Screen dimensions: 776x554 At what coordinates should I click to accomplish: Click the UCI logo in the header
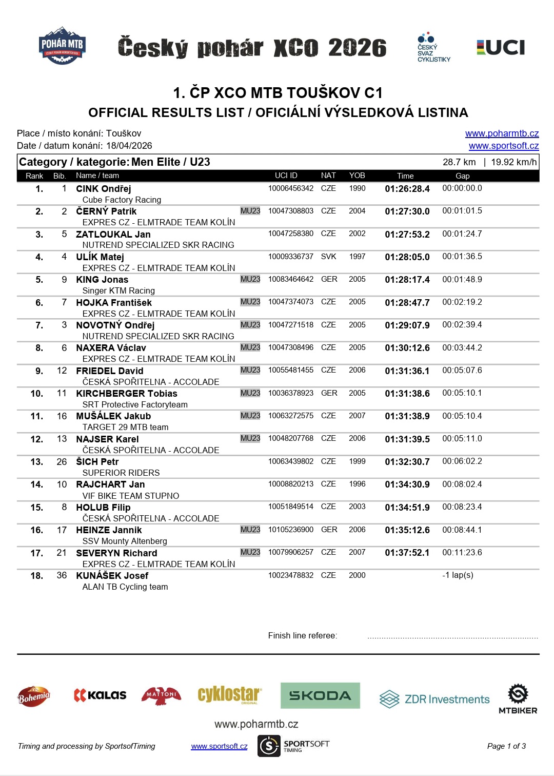501,48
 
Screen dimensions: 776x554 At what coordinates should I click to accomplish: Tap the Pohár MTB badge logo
62,46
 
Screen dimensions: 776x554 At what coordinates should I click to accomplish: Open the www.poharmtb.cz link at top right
502,133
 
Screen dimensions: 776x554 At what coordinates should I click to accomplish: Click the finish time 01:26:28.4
407,189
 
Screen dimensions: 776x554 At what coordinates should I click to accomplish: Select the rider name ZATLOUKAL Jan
113,234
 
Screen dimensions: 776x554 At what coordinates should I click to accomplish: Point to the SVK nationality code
328,257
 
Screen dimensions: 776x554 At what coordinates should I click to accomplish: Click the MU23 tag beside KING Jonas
250,279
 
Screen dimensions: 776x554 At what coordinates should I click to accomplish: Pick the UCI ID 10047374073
290,302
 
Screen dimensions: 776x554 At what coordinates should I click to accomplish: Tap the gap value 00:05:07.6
462,371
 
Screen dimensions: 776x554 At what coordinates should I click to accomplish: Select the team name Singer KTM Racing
118,290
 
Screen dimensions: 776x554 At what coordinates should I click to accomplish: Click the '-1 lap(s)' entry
458,575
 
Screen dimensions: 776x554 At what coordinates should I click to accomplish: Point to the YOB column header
357,176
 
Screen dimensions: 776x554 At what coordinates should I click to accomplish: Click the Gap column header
462,176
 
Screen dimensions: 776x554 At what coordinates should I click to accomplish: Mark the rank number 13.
37,462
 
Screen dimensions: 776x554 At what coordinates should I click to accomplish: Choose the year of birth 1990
357,188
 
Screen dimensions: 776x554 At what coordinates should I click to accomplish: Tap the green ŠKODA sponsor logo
320,695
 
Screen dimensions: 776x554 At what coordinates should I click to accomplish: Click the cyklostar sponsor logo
229,695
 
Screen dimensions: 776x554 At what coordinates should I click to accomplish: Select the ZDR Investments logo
434,699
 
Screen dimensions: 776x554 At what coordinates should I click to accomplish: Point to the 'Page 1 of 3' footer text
506,746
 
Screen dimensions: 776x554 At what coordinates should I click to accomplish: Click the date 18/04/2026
129,146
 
